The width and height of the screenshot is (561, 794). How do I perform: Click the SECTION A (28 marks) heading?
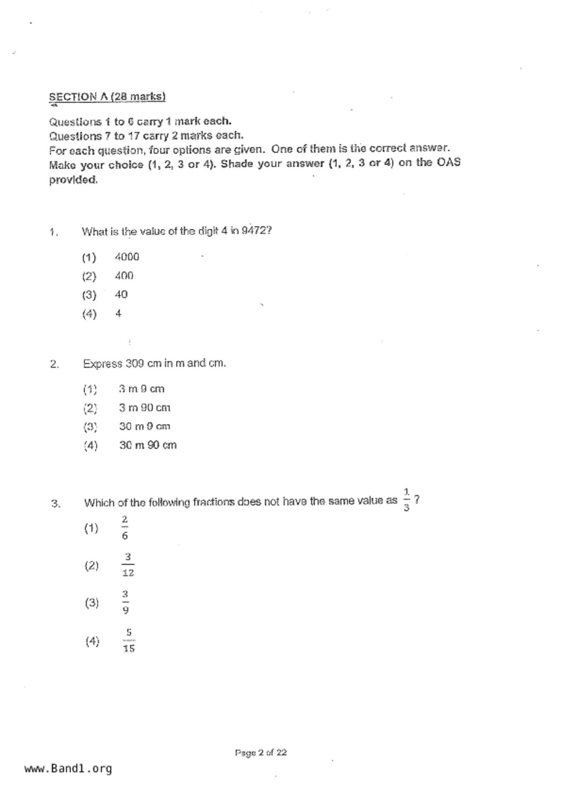[107, 97]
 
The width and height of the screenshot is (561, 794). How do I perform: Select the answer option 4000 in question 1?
[127, 257]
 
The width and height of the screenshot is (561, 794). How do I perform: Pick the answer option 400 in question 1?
[124, 276]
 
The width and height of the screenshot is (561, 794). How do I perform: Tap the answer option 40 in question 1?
[121, 295]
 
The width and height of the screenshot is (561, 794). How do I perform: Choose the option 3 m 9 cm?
[142, 389]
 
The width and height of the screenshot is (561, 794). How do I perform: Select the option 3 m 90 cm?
[144, 408]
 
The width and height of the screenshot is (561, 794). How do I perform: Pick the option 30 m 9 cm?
[144, 426]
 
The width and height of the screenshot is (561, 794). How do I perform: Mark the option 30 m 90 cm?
[148, 445]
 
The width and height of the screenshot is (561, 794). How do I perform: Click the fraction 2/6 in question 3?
[125, 528]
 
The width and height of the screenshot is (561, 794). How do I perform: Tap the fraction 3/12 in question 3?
[128, 565]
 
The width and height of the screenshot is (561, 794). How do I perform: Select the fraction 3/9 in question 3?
[125, 602]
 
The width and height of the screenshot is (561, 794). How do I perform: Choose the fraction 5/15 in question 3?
[129, 640]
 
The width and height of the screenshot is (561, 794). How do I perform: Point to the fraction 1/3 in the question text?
[406, 500]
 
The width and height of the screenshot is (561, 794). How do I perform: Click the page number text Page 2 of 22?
[261, 752]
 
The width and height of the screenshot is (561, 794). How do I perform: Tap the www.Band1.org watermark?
[68, 768]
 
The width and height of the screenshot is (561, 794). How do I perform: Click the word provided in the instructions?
[73, 180]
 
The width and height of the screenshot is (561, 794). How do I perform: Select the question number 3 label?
[56, 503]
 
